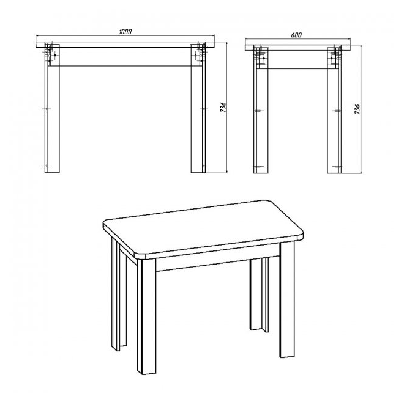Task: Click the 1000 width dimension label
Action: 125,32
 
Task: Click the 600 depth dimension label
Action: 296,35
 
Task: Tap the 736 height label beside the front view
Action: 223,107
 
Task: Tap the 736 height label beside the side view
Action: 357,109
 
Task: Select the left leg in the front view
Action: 52,108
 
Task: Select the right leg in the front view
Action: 198,108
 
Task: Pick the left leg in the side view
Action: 261,110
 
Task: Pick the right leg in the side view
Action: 334,110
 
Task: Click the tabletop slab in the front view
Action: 125,45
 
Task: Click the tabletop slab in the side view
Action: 298,48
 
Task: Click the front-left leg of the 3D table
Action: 147,316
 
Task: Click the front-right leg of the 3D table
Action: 287,299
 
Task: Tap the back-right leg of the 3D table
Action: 259,294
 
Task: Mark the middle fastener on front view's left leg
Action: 47,109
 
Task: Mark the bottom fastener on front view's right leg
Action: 204,166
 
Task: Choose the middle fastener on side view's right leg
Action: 337,111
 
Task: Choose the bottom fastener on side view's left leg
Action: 258,167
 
